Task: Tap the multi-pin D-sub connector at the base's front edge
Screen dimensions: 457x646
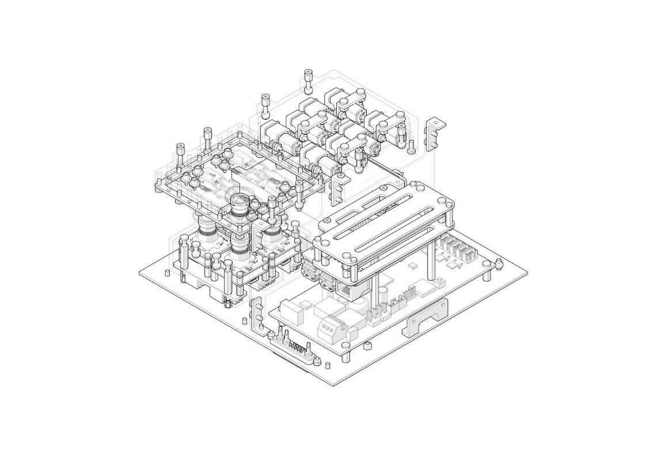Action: [295, 349]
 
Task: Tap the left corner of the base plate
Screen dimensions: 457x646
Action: [142, 274]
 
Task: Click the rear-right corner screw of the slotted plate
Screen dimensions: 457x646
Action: [442, 201]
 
